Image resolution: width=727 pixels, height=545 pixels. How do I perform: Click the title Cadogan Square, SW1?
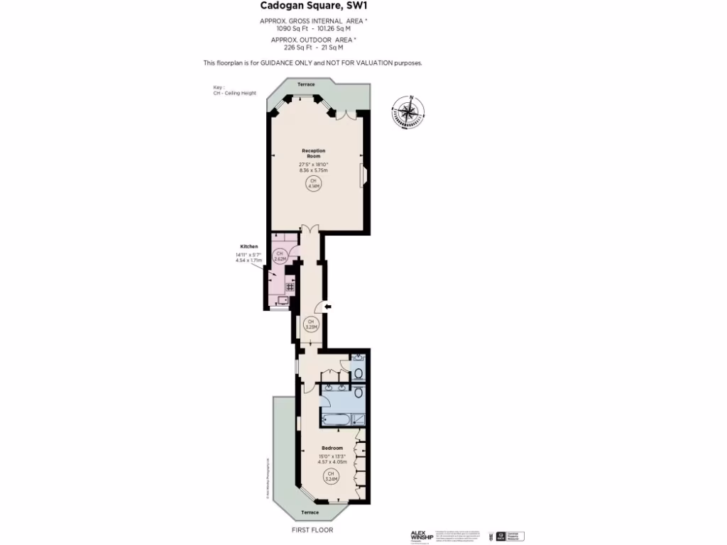[314, 6]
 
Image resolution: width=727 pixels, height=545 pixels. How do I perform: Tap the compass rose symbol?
[408, 111]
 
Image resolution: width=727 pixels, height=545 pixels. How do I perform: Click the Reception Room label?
[313, 153]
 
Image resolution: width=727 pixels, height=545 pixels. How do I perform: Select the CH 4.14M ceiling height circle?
[313, 184]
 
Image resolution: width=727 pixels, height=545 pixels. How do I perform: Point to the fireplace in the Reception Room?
[364, 175]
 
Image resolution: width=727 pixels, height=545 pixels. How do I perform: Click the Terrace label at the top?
[306, 84]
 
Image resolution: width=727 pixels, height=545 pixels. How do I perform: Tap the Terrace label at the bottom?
[310, 512]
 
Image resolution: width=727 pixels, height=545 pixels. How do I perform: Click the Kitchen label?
[248, 246]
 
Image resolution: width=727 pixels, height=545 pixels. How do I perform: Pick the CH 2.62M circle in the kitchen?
[280, 256]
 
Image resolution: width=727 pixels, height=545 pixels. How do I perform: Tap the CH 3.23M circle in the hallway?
[310, 326]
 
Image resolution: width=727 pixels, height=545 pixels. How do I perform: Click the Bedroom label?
[332, 448]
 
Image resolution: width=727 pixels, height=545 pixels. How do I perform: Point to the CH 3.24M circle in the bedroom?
[331, 476]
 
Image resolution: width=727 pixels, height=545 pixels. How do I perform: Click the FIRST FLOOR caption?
[312, 530]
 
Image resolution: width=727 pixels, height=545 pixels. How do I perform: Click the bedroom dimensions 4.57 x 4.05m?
[332, 461]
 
